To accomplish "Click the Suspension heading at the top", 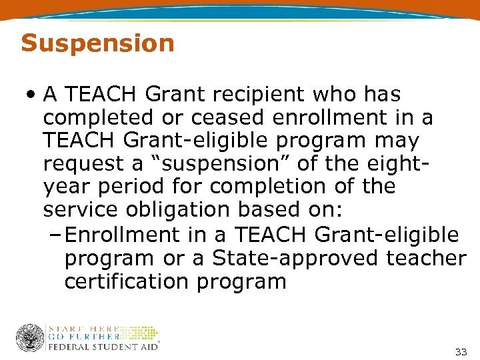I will click(97, 43).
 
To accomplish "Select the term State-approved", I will click(289, 258).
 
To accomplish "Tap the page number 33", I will click(460, 351).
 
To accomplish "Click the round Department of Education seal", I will click(29, 338).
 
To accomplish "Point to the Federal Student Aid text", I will click(102, 346).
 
